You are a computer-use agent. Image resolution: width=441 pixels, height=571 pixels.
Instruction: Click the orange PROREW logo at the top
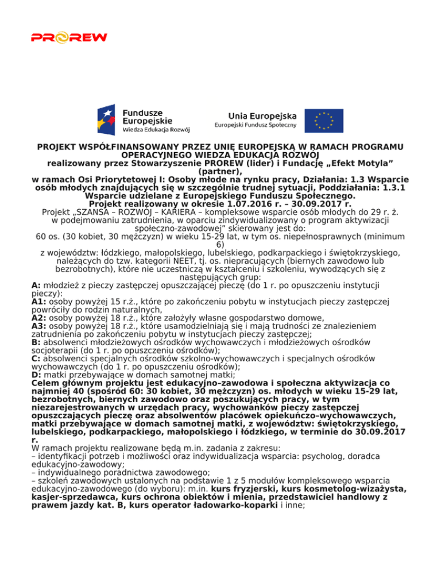(69, 38)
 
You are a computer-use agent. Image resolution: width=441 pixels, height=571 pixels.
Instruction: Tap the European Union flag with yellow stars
(324, 120)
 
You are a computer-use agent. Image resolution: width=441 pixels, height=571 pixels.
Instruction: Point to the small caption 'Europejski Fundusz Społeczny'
(256, 125)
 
